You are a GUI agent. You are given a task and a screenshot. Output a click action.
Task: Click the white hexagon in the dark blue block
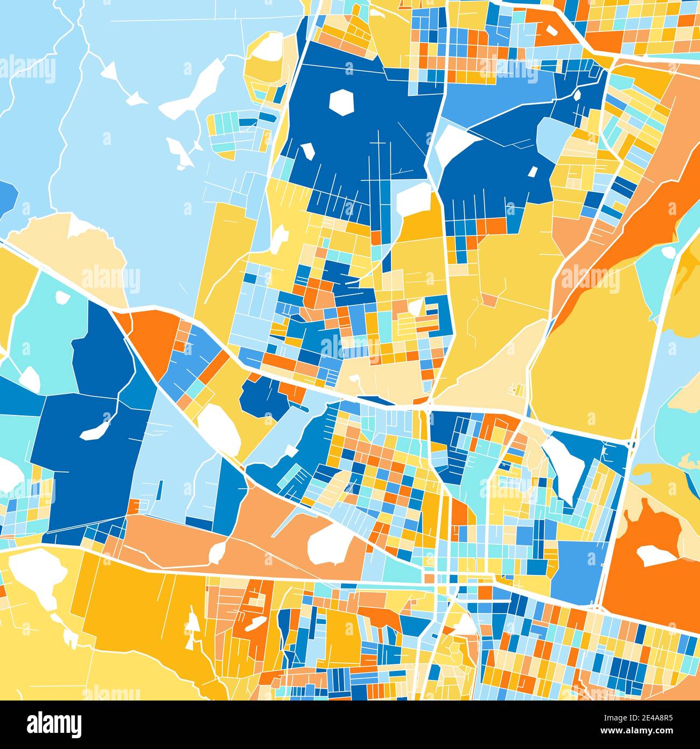(x=340, y=101)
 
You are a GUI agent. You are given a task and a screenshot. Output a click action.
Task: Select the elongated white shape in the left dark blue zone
(x=96, y=430)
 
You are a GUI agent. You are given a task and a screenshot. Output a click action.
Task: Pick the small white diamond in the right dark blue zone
(x=533, y=171)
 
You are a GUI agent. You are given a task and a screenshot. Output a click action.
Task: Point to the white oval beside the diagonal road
(x=219, y=428)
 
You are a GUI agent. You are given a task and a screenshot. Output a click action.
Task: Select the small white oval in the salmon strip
(x=217, y=551)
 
